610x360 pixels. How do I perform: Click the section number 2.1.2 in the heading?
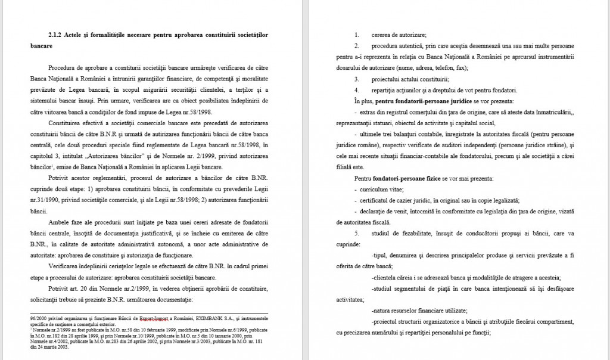click(x=55, y=35)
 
